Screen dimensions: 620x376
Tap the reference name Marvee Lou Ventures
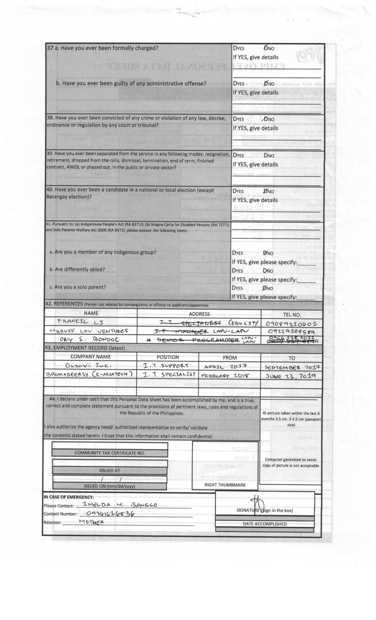coord(89,331)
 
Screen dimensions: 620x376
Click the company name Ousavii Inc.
coord(88,365)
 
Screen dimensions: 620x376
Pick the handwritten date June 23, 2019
coord(290,376)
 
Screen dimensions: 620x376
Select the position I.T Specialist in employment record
coord(169,374)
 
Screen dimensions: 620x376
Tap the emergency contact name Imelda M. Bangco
coord(120,504)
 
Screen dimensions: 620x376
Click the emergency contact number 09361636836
coord(110,513)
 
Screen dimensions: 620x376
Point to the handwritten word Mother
coord(92,522)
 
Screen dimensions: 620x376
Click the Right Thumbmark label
coord(225,485)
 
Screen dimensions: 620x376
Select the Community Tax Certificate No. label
coord(109,453)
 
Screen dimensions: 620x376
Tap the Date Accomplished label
coord(264,524)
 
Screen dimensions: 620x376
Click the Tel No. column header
coord(292,314)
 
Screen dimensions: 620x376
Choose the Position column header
coord(168,357)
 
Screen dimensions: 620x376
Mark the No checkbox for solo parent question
coord(264,288)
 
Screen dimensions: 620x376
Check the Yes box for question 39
coord(234,155)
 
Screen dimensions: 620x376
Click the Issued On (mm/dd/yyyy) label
coord(109,486)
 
